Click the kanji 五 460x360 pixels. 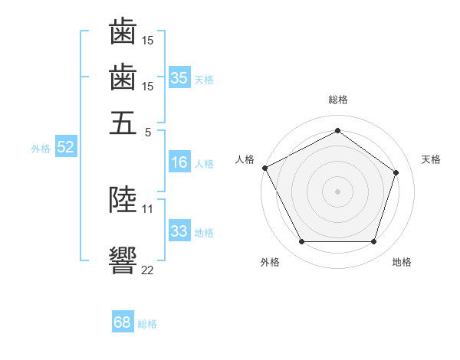tap(123, 123)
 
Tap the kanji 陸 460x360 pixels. tap(123, 199)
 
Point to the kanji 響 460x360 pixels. tap(123, 260)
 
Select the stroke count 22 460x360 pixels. tap(147, 270)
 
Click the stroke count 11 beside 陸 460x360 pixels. tap(147, 209)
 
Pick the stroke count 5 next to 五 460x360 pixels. tap(148, 133)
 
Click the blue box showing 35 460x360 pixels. tap(179, 77)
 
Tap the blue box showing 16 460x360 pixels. tap(179, 162)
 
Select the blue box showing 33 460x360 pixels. tap(179, 230)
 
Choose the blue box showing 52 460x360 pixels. tap(66, 146)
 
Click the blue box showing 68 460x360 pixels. tap(123, 321)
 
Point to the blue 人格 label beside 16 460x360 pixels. tap(204, 164)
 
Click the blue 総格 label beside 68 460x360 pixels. tap(147, 324)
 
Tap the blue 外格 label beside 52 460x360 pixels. tap(41, 149)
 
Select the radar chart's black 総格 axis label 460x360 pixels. tap(338, 100)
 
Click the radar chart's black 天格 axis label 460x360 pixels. tap(431, 159)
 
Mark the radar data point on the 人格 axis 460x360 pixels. tap(265, 168)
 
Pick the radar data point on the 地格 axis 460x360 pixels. tap(373, 241)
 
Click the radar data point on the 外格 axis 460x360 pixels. tap(302, 241)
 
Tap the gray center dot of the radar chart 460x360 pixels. tap(337, 191)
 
